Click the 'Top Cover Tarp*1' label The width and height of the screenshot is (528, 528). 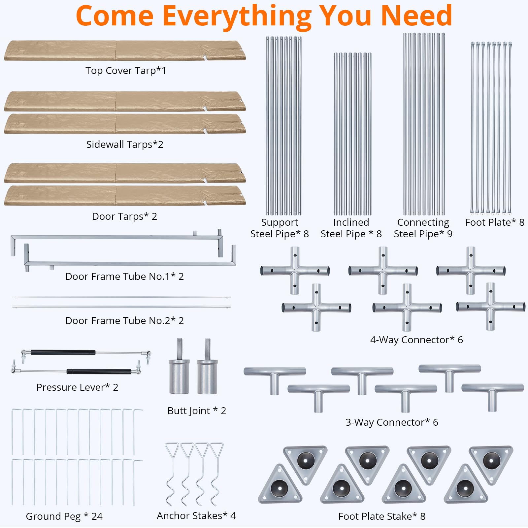pos(126,71)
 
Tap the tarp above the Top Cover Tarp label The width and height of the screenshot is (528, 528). pos(125,50)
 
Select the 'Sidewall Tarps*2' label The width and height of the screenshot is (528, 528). pos(125,145)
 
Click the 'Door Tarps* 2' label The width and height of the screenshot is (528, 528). pos(124,216)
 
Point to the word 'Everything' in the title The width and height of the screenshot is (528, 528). pos(237,16)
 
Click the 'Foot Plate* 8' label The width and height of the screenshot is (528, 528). pos(495,222)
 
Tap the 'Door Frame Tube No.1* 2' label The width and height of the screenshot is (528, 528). pos(124,277)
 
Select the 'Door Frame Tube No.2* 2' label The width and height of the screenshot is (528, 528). pos(124,321)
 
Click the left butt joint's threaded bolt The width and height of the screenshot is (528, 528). pos(180,349)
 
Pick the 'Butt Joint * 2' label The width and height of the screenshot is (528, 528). pos(197,411)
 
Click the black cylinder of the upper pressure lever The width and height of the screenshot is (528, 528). pos(63,352)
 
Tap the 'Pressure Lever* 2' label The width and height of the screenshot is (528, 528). pos(77,387)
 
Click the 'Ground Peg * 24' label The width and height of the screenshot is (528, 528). pos(64,516)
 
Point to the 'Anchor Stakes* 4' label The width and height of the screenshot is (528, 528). pos(196,516)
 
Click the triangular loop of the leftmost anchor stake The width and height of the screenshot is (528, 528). pos(172,450)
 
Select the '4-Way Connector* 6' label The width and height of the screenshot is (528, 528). pos(416,340)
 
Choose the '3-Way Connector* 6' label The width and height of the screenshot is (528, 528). pos(392,422)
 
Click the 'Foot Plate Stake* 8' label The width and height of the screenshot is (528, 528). pos(382,516)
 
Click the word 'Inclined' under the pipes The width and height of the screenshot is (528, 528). pos(351,222)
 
